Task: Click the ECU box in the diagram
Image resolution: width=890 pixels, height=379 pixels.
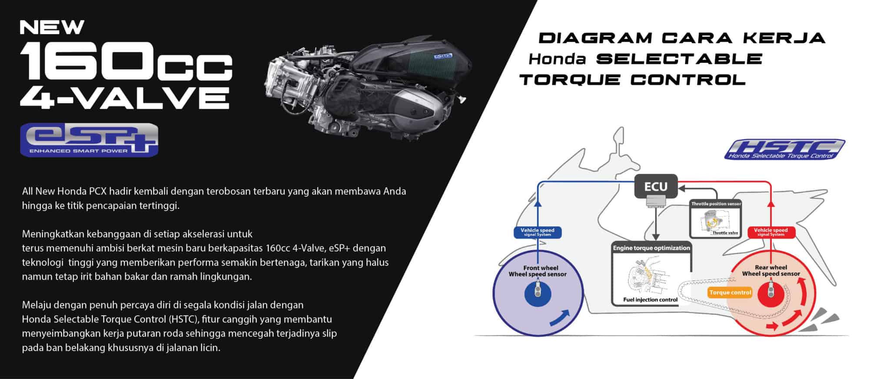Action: (656, 187)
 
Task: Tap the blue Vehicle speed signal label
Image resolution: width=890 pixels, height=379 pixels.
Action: (538, 232)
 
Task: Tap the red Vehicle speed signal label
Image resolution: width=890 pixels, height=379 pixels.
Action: (771, 232)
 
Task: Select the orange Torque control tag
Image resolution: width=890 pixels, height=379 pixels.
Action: (730, 292)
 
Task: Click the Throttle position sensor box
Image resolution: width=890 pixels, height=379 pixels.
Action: (716, 219)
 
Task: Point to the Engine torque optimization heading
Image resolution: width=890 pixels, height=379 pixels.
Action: (651, 248)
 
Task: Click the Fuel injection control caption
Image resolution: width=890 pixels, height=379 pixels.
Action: (650, 300)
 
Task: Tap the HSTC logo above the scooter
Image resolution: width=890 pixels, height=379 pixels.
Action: (784, 149)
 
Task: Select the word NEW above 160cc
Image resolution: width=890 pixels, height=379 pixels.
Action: (52, 27)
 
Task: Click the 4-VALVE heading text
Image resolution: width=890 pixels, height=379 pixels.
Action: (125, 97)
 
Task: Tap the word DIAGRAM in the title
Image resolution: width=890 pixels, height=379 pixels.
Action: (595, 38)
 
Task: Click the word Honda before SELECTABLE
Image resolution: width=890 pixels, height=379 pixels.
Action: (558, 59)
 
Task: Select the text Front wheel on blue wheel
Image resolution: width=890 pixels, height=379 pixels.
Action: (540, 268)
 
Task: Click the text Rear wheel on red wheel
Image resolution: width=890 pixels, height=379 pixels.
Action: (771, 268)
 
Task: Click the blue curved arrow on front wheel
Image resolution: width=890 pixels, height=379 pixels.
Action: (560, 318)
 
